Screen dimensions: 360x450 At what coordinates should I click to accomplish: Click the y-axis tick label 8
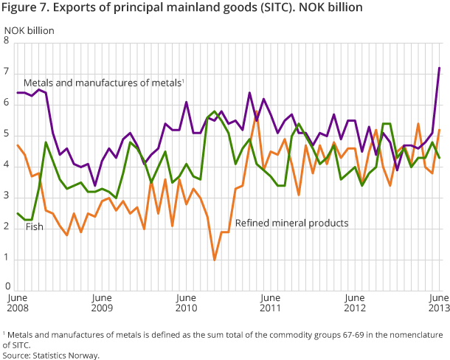pyautogui.click(x=7, y=42)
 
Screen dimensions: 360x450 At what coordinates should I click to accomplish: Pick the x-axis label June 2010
pyautogui.click(x=186, y=302)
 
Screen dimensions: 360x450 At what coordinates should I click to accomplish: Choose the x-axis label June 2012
pyautogui.click(x=355, y=302)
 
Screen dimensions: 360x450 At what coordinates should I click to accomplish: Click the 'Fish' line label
pyautogui.click(x=34, y=226)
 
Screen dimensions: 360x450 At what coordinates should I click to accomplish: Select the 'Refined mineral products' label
pyautogui.click(x=291, y=222)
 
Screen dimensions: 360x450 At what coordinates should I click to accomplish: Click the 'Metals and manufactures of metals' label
pyautogui.click(x=103, y=83)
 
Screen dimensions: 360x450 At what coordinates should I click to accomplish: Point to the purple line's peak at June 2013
pyautogui.click(x=440, y=68)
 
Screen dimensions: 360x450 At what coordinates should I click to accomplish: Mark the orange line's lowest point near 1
pyautogui.click(x=215, y=259)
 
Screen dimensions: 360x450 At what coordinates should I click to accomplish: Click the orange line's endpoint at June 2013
pyautogui.click(x=440, y=130)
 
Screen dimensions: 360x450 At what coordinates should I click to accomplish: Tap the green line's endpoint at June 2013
pyautogui.click(x=440, y=157)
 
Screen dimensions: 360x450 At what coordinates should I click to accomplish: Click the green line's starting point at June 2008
pyautogui.click(x=18, y=213)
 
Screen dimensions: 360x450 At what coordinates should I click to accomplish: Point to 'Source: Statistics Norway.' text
pyautogui.click(x=51, y=355)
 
